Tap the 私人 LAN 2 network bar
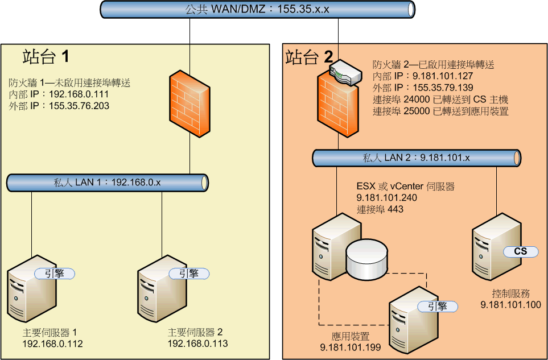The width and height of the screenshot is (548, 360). tap(417, 158)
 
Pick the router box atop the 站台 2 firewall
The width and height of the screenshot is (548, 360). tap(345, 72)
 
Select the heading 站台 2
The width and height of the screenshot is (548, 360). tap(310, 57)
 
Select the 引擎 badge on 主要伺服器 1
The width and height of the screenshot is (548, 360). tap(55, 274)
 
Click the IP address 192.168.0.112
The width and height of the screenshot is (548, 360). tap(52, 344)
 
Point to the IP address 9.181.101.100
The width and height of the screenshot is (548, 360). tap(510, 305)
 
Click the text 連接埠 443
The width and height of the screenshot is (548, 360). tap(380, 209)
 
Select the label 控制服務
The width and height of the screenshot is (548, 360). tap(511, 293)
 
